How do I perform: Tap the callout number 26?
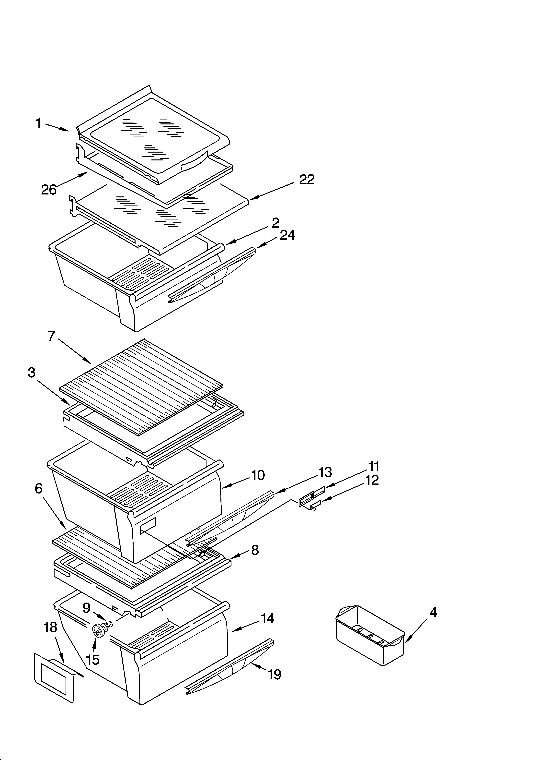(49, 190)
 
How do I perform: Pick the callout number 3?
(32, 372)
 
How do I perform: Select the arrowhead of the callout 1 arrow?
(68, 130)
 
